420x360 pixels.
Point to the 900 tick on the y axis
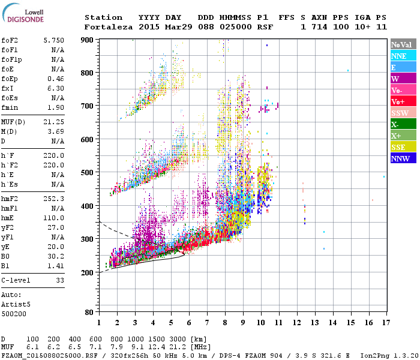[88, 40]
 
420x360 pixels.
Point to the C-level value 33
[60, 280]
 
